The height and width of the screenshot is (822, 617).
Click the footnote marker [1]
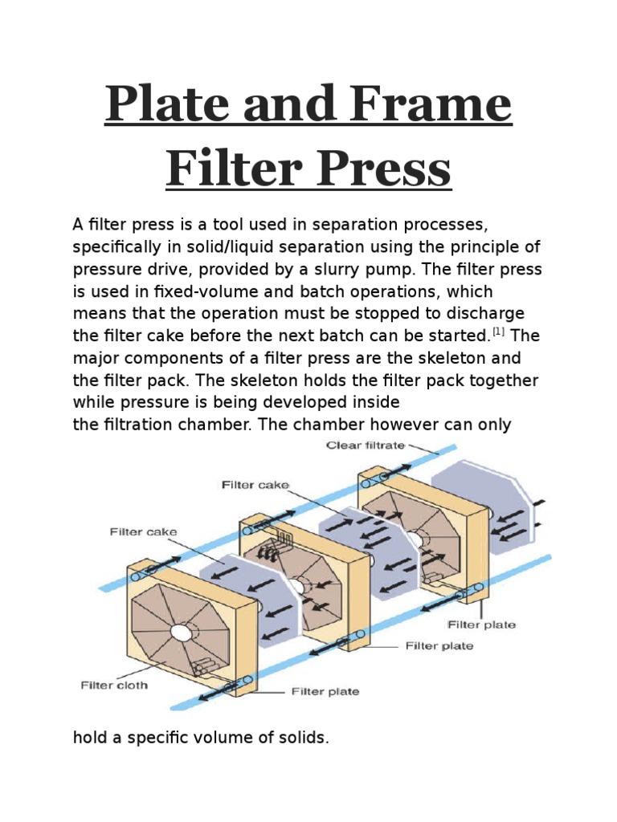click(500, 331)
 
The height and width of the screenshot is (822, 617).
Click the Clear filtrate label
click(365, 446)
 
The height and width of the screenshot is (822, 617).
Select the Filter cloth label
click(113, 686)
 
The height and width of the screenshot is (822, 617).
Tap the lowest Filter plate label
click(325, 691)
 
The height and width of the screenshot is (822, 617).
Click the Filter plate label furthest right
click(483, 625)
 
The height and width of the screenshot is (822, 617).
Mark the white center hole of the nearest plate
click(181, 633)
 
